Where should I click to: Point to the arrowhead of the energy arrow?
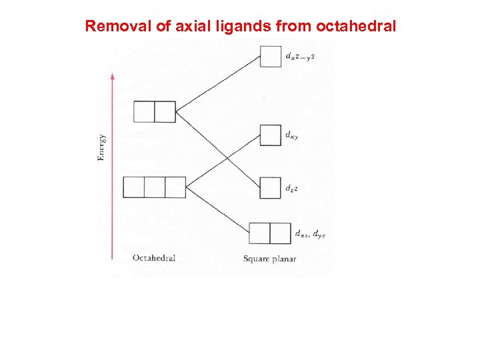pos(113,75)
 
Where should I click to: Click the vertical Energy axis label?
pos(101,147)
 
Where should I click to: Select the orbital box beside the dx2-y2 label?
pos(270,56)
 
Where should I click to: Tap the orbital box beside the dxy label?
pos(270,135)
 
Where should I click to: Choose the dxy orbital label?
pos(291,136)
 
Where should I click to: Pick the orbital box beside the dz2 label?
pos(270,187)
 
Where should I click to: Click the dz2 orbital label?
pos(291,189)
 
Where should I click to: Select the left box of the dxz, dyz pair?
pos(259,233)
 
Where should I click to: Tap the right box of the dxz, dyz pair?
pos(281,233)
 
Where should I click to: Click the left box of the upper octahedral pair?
pos(144,111)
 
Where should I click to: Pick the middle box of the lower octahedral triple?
pos(155,187)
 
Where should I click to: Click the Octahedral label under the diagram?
pos(154,258)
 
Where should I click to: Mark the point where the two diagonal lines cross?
pos(227,157)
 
